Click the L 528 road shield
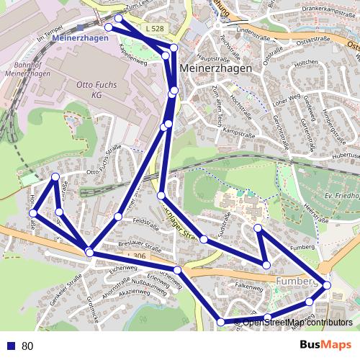tap(153, 28)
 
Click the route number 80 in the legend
tap(27, 346)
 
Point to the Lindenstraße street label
tap(241, 32)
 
